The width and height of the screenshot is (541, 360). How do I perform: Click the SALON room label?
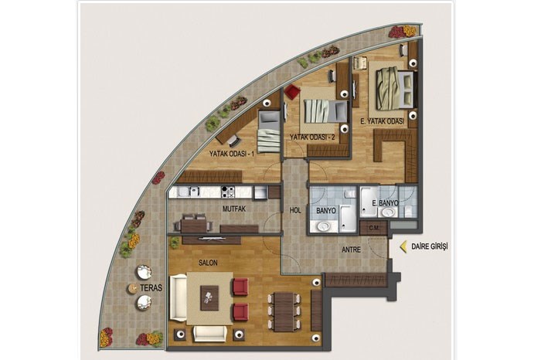pos(208,263)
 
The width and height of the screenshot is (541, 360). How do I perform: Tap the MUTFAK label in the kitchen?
pos(234,209)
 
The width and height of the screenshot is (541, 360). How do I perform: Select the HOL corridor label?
pos(295,211)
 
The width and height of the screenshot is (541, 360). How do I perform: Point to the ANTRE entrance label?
pos(351,250)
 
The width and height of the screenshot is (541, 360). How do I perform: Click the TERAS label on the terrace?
pos(151,288)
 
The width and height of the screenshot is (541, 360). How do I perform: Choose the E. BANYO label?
pos(385,203)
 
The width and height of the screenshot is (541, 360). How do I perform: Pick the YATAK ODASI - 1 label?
pos(232,154)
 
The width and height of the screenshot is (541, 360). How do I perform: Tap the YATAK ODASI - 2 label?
pos(312,138)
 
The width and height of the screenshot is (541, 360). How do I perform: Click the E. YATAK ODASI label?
pos(383,121)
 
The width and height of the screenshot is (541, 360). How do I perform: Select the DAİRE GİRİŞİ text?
pos(430,246)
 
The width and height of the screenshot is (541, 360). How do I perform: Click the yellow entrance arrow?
pos(403,246)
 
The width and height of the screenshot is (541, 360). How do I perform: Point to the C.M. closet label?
pos(373,228)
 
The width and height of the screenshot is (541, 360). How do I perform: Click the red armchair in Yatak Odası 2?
pos(292,92)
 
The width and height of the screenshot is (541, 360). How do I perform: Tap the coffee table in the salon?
pos(209,298)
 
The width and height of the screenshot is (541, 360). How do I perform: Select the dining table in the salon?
pos(284,312)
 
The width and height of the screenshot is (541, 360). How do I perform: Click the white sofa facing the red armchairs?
pos(178,297)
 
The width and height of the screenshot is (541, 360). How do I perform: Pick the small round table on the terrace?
pos(132,289)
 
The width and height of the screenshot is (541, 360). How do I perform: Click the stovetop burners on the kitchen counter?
pos(228,192)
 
